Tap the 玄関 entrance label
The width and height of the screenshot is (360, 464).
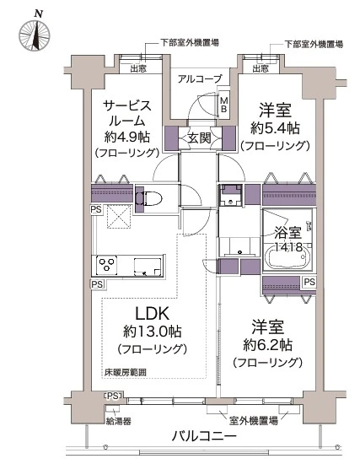[199, 137]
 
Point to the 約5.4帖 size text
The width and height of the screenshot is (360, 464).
[275, 128]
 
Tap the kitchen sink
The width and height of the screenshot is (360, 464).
[152, 271]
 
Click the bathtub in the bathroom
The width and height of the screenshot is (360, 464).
[289, 256]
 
